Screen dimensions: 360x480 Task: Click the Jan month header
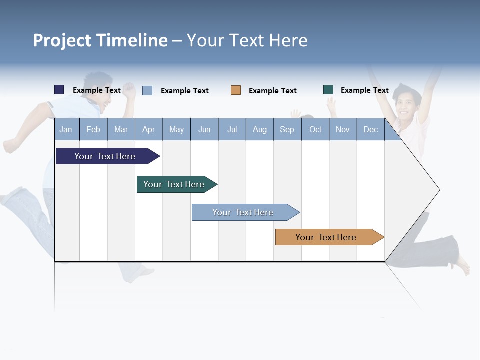(x=66, y=129)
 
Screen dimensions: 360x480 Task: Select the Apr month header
(x=148, y=129)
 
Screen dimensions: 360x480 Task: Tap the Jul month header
(x=232, y=129)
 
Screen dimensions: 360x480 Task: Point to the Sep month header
(x=287, y=129)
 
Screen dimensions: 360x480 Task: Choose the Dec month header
(x=370, y=129)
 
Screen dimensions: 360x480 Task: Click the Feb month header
(x=93, y=129)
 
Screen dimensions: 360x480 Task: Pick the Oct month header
(x=315, y=129)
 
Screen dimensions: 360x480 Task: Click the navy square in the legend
(x=59, y=90)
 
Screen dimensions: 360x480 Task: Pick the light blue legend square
(x=147, y=90)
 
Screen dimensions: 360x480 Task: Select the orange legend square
(x=236, y=90)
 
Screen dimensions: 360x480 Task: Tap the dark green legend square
(x=328, y=90)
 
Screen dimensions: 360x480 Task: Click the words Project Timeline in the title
(x=100, y=40)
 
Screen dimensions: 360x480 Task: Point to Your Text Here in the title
(x=247, y=40)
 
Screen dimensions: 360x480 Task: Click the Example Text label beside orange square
(x=273, y=91)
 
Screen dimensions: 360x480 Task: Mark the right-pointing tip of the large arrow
(x=438, y=190)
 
